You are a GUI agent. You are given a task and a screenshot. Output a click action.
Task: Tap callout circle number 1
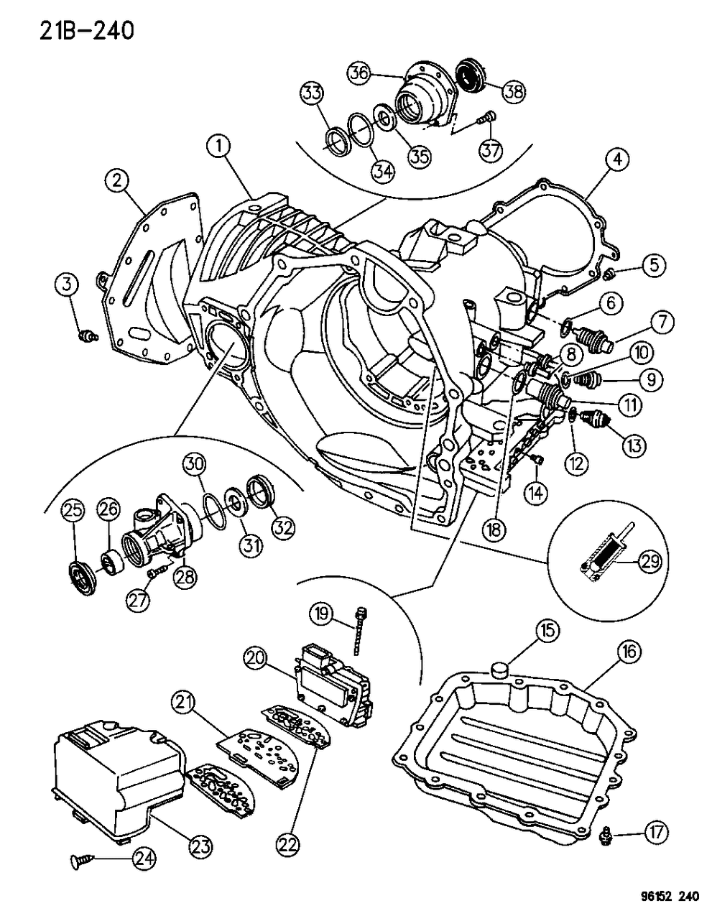click(x=219, y=148)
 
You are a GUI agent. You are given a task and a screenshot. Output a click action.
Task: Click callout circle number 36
click(x=359, y=72)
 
